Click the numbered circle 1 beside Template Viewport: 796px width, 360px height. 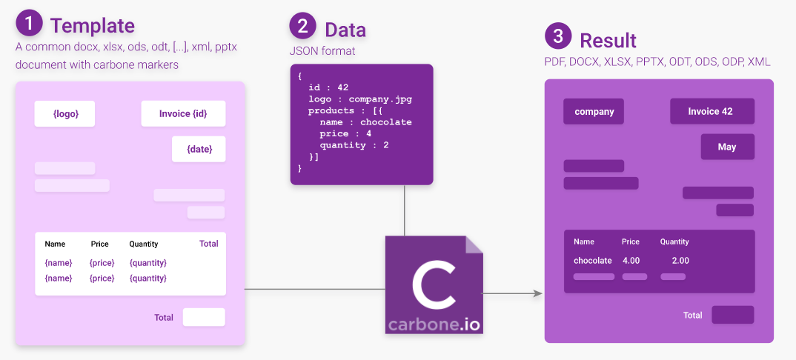(29, 24)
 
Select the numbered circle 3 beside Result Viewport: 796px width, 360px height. (557, 36)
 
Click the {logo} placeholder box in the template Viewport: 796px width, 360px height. (65, 114)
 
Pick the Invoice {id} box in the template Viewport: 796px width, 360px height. (183, 114)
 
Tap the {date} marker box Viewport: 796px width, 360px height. (199, 149)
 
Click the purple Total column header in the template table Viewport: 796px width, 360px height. (208, 243)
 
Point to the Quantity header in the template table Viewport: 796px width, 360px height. (144, 244)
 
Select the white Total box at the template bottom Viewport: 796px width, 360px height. (204, 317)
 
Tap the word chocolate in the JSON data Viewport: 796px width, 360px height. (385, 122)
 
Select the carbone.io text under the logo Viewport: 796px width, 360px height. (434, 324)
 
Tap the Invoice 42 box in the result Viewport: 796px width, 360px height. (712, 111)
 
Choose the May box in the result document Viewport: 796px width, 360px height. (727, 147)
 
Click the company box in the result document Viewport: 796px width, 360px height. (594, 111)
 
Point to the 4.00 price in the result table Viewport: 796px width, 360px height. (631, 261)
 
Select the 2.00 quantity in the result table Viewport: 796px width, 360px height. (680, 261)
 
